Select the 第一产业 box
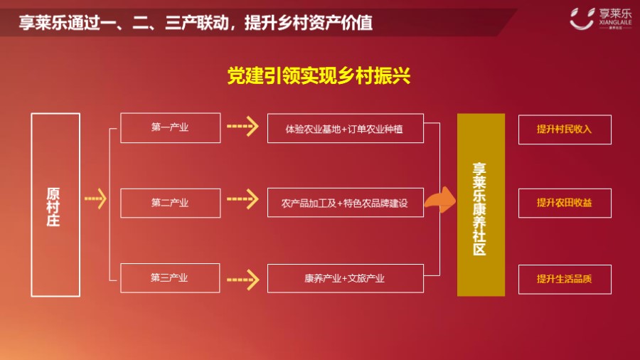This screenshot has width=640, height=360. [170, 128]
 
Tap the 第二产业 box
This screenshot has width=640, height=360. [170, 203]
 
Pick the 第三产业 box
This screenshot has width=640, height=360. [170, 278]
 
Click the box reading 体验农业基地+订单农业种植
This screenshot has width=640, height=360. [346, 129]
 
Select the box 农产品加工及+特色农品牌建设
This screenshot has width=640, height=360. [346, 203]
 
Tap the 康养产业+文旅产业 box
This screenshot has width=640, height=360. [346, 278]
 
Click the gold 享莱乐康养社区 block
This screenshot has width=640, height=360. [481, 205]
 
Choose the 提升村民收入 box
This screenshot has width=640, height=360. [565, 129]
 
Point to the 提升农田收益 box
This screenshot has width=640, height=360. [565, 203]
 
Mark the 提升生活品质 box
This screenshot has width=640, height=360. [565, 279]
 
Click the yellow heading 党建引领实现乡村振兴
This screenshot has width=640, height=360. [319, 75]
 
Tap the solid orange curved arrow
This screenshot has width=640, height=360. [441, 200]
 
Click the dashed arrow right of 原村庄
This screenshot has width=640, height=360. [95, 198]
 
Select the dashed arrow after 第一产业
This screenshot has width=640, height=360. [243, 126]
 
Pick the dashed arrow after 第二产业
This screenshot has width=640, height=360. [243, 198]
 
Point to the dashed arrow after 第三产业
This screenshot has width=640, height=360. [243, 280]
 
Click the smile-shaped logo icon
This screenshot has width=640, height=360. [582, 18]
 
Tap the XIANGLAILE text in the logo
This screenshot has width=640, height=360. [615, 23]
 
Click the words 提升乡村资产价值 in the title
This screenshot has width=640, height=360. [308, 23]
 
